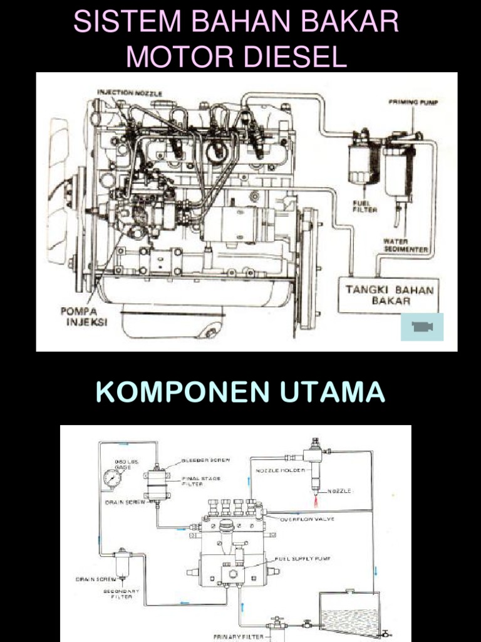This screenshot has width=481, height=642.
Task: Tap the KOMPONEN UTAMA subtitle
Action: pyautogui.click(x=240, y=392)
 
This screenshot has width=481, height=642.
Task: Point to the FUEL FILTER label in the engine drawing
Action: pyautogui.click(x=365, y=206)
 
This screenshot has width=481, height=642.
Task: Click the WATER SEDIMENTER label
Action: pyautogui.click(x=405, y=245)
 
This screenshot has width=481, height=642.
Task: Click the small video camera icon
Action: pyautogui.click(x=422, y=327)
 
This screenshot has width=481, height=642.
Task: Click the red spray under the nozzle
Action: pyautogui.click(x=317, y=501)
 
